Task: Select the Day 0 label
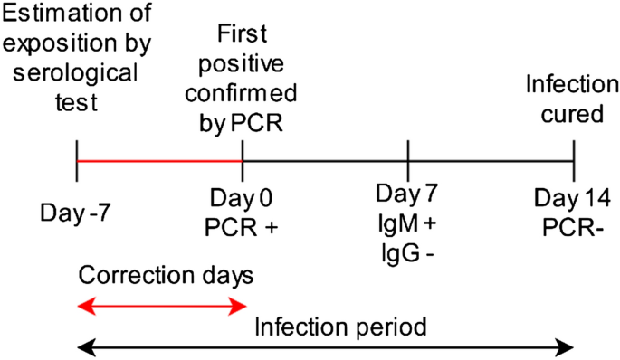(242, 197)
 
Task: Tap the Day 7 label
(408, 193)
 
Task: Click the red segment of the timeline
(159, 162)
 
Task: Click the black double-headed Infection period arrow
(326, 346)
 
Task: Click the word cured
(568, 113)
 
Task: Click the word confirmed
(242, 94)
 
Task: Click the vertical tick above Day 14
(574, 162)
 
